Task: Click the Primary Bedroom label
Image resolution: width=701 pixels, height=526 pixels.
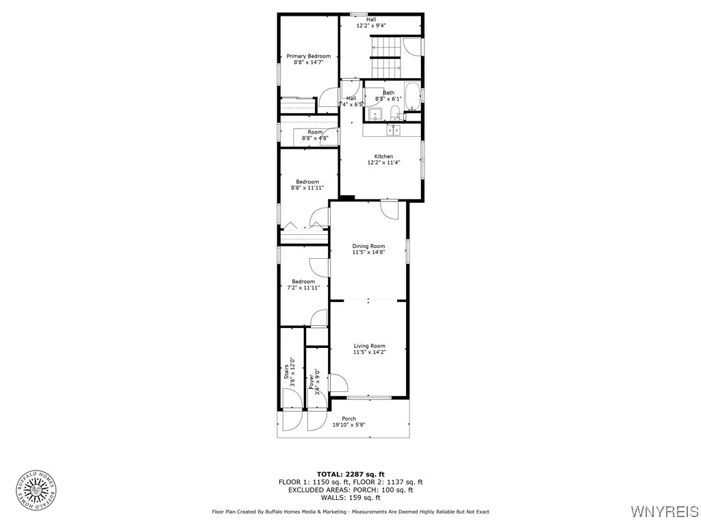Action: click(x=308, y=56)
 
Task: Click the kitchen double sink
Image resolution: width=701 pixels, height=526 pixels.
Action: click(x=394, y=129)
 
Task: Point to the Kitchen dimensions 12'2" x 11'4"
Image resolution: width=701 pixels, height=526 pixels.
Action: click(x=383, y=163)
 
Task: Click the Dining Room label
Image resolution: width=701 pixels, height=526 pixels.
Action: click(x=368, y=247)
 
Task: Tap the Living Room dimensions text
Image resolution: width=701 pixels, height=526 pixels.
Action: click(x=369, y=353)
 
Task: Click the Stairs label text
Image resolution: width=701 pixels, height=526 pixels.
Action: click(x=287, y=373)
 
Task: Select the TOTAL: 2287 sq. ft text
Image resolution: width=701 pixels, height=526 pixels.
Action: click(x=350, y=474)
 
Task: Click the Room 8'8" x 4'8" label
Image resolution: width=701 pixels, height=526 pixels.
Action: click(x=315, y=135)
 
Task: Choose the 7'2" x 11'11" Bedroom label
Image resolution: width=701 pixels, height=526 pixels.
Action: click(x=303, y=285)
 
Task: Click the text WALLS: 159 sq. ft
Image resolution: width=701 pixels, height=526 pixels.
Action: click(x=350, y=498)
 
